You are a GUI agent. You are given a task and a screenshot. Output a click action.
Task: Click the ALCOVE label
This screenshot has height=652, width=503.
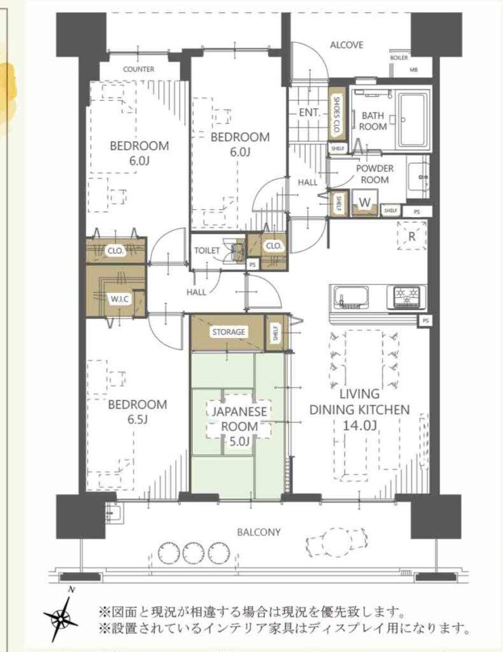pos(346,45)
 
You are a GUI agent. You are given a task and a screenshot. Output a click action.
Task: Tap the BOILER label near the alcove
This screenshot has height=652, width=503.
pos(399,58)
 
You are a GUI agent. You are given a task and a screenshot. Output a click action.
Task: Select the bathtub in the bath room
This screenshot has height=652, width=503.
pos(414,120)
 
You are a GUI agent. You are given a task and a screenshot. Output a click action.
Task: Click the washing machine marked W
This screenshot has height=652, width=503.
pos(365,203)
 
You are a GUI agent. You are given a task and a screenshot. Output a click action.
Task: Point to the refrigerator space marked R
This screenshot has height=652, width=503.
pos(411,236)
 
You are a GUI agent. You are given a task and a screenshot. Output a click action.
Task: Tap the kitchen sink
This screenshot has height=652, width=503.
pos(350,297)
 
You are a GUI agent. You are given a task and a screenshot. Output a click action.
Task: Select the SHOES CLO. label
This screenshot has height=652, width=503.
pos(337,115)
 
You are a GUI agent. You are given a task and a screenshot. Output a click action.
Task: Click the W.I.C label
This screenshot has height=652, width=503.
pos(119,299)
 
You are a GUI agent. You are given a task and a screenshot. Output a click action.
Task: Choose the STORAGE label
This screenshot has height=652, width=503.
pos(229,332)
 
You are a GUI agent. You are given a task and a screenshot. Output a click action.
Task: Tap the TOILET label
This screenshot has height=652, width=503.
pos(206,250)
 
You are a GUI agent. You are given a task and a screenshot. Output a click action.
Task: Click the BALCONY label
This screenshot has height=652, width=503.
pos(259,532)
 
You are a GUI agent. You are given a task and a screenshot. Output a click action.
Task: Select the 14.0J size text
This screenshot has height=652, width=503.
pos(360,425)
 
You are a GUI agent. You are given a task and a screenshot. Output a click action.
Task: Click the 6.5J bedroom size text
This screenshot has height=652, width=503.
pos(137,420)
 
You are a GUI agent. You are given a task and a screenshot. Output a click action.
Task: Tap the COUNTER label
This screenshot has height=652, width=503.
pos(138,69)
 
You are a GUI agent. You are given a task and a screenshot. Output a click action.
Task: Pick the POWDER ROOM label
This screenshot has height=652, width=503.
pos(374,174)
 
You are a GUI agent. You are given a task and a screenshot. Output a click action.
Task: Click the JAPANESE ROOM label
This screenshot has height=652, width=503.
pos(239,419)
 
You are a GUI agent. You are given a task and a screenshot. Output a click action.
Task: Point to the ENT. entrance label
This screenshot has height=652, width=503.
pos(309,112)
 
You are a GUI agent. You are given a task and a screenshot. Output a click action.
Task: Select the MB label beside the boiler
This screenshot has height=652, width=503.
pos(413,70)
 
